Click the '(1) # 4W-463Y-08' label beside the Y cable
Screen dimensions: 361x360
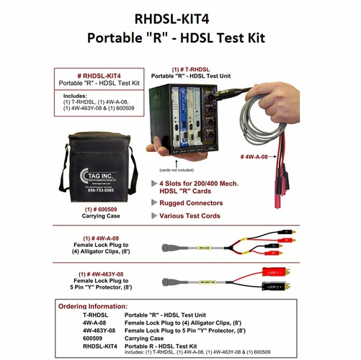pyautogui.click(x=106, y=274)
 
